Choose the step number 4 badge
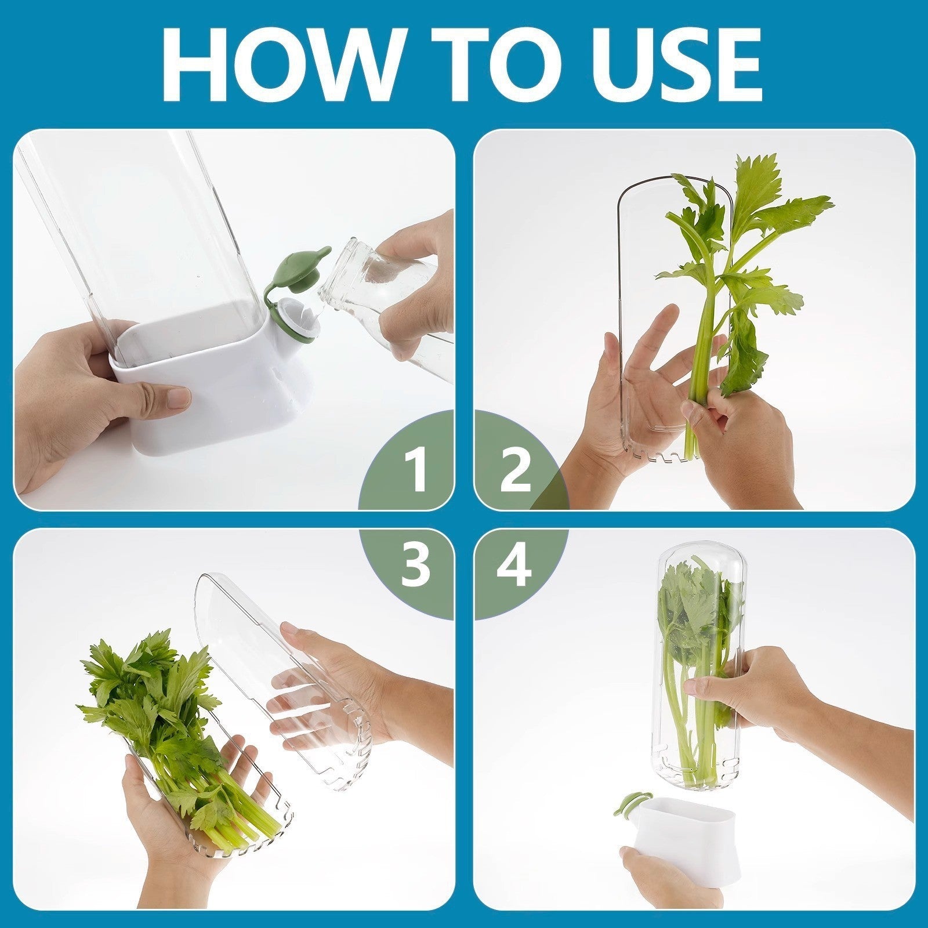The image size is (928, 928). (513, 565)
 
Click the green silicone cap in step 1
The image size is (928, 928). (295, 267)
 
